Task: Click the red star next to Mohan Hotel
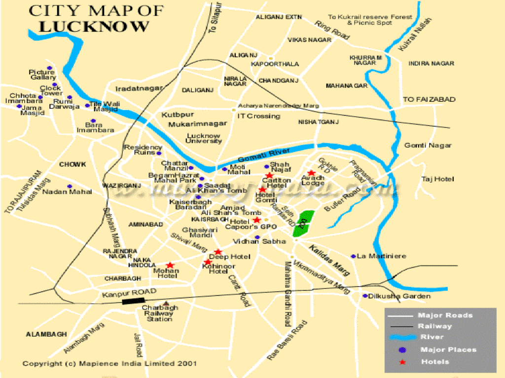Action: pos(170,265)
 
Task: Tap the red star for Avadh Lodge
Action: pos(311,173)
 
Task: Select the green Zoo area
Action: pos(304,222)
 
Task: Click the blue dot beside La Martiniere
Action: pos(353,256)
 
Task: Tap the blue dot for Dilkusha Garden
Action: pos(365,296)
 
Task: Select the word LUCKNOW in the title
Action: pos(94,27)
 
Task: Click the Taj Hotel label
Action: pos(437,179)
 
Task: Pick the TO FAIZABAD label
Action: pos(429,99)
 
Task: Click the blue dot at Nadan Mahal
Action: pos(70,187)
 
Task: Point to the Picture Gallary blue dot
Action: pos(49,68)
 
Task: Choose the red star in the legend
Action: pos(402,362)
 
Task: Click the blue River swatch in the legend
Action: pos(402,338)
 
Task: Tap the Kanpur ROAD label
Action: pos(129,293)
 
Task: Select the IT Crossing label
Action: pos(258,116)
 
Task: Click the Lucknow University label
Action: pos(204,138)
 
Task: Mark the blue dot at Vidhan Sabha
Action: pos(257,237)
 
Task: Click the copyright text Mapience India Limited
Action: pos(109,364)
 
